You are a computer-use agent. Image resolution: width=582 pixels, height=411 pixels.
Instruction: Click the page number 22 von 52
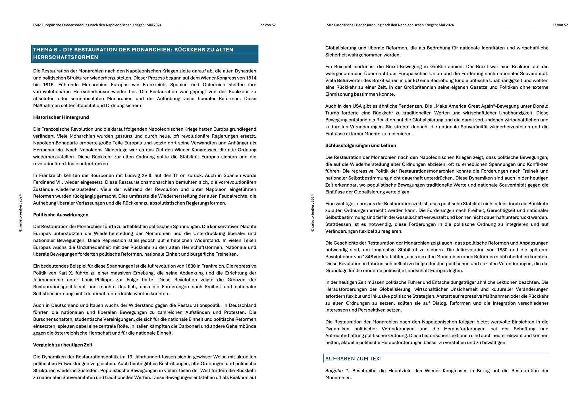tap(268, 25)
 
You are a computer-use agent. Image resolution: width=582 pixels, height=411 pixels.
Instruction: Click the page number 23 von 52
tap(560, 25)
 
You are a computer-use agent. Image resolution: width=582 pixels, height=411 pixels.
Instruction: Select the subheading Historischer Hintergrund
tap(61, 117)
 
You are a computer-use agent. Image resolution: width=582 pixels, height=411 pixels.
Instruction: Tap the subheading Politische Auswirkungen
tap(61, 215)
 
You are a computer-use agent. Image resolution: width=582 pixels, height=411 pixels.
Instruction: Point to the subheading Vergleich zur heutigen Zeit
tap(63, 345)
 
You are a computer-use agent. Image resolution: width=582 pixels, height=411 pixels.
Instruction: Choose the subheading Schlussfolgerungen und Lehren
tap(360, 145)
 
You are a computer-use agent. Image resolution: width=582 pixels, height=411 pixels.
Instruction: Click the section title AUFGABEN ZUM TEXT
tap(354, 359)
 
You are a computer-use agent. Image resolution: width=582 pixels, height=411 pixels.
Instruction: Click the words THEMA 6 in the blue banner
tap(45, 50)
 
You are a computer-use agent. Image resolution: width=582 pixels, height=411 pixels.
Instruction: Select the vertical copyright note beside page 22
tap(20, 213)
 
